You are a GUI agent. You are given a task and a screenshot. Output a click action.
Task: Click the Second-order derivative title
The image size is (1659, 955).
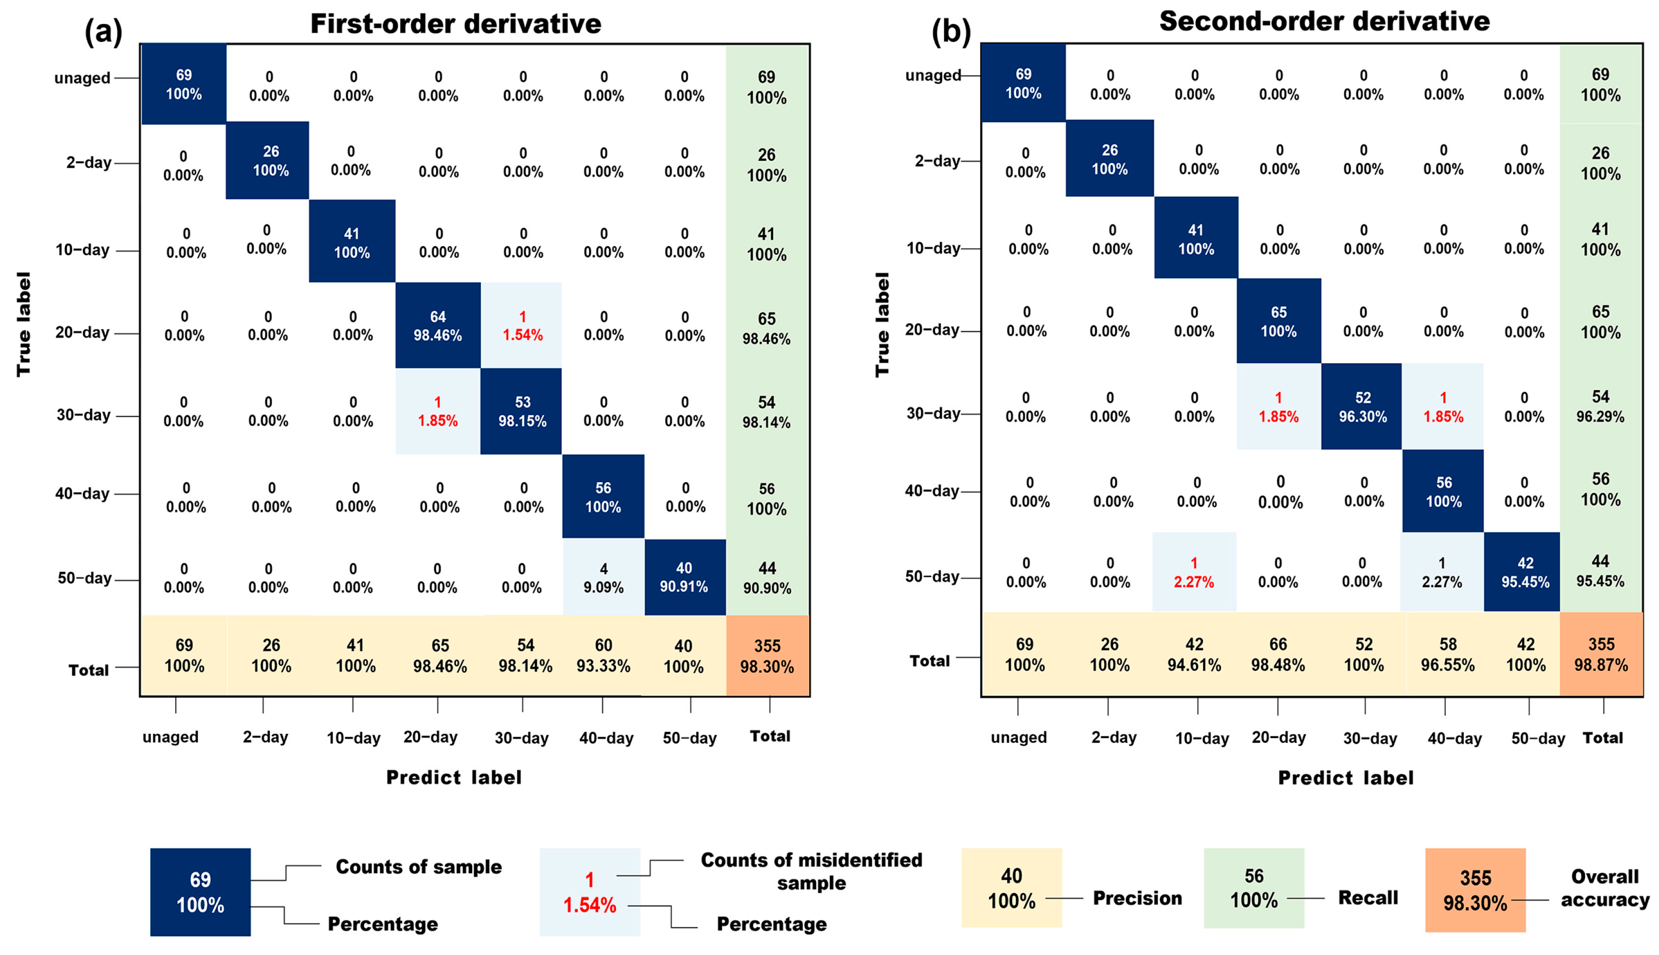tap(1324, 21)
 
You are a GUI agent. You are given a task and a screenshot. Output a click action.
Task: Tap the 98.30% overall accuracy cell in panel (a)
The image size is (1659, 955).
tap(767, 656)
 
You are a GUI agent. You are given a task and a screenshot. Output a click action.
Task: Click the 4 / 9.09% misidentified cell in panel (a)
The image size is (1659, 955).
tap(603, 578)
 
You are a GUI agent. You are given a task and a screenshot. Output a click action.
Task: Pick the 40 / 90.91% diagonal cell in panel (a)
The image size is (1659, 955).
tap(684, 577)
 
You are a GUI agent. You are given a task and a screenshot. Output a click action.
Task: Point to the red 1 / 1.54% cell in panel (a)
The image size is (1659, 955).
tap(522, 326)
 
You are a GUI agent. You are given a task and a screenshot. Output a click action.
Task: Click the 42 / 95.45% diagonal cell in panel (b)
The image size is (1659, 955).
tap(1525, 572)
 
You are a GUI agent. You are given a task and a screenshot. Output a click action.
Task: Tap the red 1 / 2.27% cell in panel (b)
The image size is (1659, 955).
tap(1194, 572)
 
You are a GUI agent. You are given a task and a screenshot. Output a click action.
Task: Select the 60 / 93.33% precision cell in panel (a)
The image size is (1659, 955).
tap(603, 656)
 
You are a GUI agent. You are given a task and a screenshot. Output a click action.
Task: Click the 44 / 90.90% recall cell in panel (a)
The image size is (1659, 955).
tap(767, 578)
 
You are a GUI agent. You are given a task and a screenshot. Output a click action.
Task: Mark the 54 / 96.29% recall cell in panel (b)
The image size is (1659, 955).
tap(1600, 406)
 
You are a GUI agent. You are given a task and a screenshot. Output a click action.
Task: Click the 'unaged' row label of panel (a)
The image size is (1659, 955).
tap(82, 78)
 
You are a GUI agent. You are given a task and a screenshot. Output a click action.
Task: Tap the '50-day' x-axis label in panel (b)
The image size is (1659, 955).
tap(1538, 739)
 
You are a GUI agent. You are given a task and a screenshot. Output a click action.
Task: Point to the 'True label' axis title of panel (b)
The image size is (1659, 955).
tap(882, 325)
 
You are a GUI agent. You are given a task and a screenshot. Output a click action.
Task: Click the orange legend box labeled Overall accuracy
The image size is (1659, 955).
tap(1475, 890)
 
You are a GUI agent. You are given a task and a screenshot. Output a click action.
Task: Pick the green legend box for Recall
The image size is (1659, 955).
tap(1253, 888)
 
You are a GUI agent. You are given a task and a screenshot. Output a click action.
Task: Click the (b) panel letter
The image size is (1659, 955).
tap(951, 31)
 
